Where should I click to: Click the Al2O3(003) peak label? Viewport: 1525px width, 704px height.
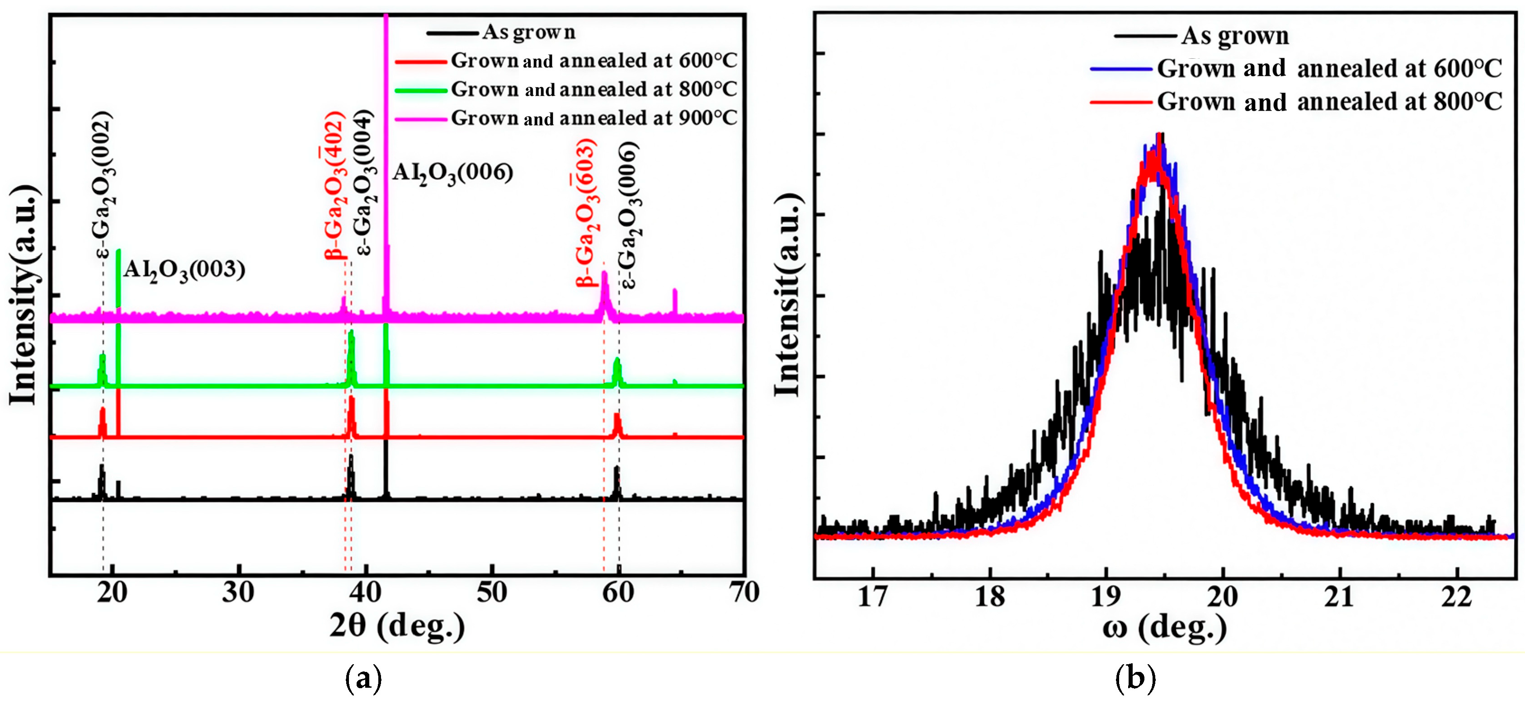[184, 270]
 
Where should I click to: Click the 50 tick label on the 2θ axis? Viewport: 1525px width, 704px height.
[491, 593]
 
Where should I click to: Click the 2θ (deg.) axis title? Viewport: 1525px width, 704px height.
[397, 626]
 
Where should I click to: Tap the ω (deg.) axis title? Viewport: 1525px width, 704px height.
[1164, 628]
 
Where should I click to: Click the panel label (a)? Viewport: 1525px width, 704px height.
[363, 679]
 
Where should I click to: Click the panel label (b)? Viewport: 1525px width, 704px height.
[1135, 679]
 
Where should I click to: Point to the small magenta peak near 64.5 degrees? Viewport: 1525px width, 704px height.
[675, 300]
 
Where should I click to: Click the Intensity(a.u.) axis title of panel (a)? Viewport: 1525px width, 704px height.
[24, 296]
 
